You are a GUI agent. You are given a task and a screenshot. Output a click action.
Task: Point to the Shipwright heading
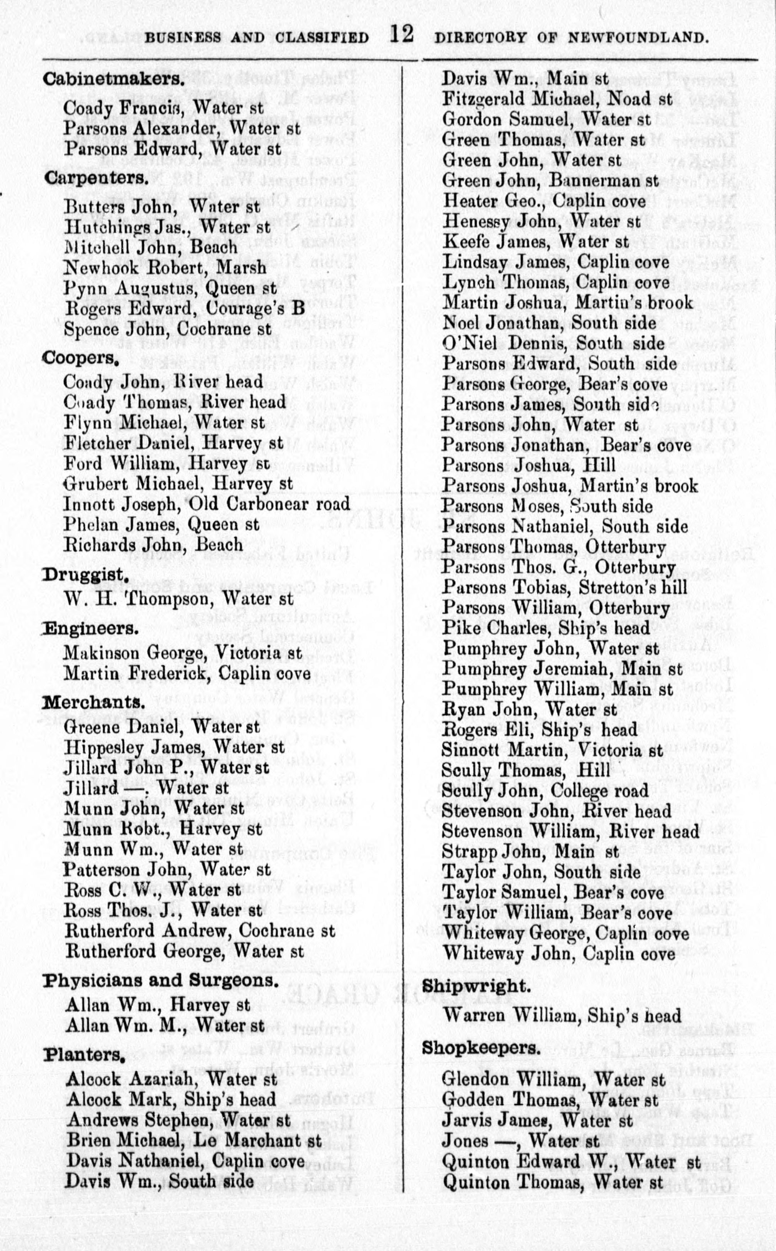click(x=475, y=985)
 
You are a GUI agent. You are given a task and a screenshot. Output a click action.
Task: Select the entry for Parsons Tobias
click(x=564, y=587)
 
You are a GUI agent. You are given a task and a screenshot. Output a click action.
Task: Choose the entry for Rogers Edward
click(x=184, y=309)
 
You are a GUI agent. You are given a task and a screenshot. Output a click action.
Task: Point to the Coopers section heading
click(x=81, y=357)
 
